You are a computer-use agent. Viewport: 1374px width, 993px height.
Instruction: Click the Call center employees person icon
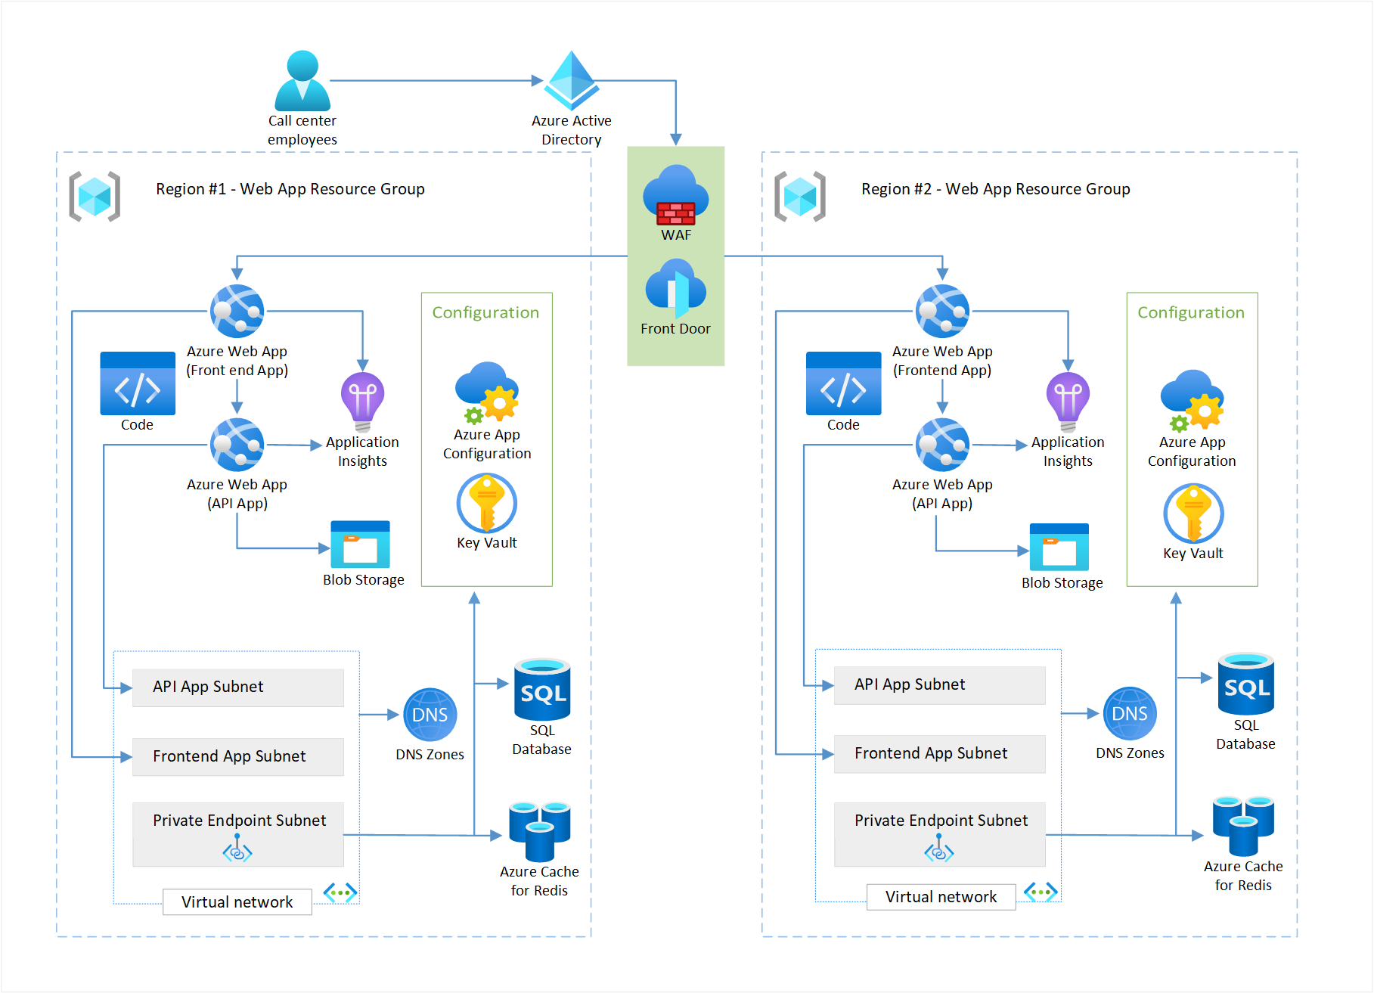point(302,81)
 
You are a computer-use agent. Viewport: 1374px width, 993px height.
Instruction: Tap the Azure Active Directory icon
point(572,80)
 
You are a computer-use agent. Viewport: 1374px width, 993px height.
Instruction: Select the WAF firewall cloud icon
point(675,195)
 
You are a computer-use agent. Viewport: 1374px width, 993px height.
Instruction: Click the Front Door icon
point(675,289)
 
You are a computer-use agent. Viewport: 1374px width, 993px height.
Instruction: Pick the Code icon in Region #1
point(138,383)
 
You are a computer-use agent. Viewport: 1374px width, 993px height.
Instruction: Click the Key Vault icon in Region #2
point(1193,514)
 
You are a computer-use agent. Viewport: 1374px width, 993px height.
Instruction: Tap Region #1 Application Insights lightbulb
point(362,400)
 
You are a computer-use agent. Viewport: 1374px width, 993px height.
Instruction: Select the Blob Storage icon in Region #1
point(361,545)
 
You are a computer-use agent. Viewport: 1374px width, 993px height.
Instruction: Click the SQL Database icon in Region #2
point(1245,684)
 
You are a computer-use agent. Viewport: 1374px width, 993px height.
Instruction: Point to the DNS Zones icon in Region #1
point(430,715)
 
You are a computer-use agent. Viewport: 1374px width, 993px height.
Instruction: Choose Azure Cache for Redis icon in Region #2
point(1243,825)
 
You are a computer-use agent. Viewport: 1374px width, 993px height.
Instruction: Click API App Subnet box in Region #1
point(237,687)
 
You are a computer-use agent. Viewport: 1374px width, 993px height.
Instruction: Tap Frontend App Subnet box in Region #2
point(939,754)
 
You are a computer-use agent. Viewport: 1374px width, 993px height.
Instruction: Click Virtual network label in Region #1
point(237,902)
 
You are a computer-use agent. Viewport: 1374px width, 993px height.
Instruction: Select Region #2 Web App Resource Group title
point(995,189)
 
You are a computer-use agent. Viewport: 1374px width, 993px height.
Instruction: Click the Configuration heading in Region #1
point(485,312)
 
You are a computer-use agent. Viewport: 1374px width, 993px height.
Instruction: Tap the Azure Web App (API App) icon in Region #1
point(237,445)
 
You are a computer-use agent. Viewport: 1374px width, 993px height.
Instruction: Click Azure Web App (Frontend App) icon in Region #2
point(942,311)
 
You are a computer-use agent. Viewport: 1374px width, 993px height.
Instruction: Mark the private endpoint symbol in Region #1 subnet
point(237,850)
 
